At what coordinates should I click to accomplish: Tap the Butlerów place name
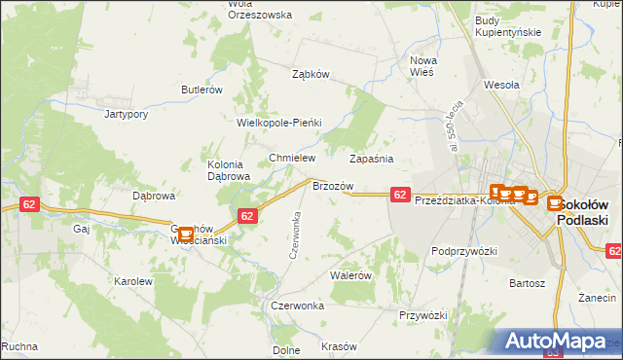tap(202, 90)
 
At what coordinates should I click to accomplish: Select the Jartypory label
tap(127, 113)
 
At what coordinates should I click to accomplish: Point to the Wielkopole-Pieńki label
tap(279, 124)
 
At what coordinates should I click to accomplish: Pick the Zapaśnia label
tap(371, 158)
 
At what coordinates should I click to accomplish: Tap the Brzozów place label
tap(332, 185)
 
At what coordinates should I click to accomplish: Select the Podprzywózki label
tap(464, 251)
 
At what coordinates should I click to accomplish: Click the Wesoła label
tap(502, 85)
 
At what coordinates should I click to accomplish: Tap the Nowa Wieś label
tap(423, 65)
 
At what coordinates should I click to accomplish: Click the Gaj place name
tap(81, 230)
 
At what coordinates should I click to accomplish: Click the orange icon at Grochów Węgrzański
tap(185, 234)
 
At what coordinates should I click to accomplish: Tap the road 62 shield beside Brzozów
tap(400, 195)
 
